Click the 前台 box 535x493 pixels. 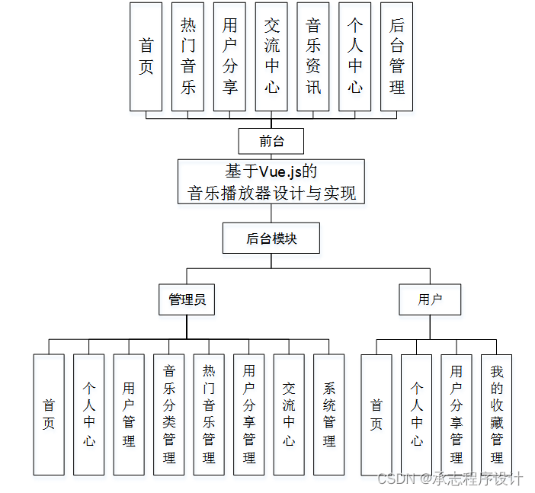point(271,141)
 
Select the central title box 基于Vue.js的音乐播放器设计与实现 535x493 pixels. point(271,181)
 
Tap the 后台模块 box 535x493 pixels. point(271,238)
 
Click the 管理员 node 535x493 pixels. point(187,299)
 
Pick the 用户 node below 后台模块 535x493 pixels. point(430,299)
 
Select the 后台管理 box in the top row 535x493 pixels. point(396,57)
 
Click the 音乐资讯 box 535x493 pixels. point(313,57)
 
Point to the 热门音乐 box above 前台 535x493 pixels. point(188,57)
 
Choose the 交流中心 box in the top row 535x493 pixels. point(272,57)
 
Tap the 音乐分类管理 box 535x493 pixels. point(169,415)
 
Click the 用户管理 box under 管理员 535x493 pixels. point(129,415)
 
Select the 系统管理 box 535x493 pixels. point(328,415)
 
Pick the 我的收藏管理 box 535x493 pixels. point(496,415)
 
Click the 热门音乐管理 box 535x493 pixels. point(209,415)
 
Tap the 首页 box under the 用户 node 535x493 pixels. point(376,415)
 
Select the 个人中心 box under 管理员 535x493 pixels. point(89,415)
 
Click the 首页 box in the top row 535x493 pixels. point(146,57)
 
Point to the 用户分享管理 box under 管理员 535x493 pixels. point(248,415)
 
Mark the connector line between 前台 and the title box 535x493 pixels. point(271,156)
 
